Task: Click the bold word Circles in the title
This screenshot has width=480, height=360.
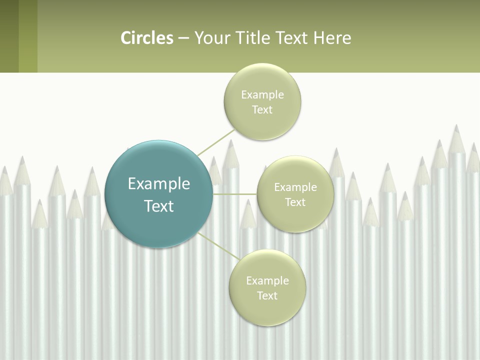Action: point(147,38)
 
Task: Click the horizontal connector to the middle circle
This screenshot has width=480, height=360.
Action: point(235,194)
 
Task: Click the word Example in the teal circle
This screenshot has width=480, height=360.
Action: point(159,184)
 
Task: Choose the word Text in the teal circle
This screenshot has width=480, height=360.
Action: point(159,206)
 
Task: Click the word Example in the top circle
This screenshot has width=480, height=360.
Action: point(262,95)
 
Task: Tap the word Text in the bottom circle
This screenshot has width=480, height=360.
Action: point(267,296)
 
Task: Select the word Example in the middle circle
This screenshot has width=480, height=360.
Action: point(295,187)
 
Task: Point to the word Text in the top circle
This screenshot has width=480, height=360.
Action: point(262,110)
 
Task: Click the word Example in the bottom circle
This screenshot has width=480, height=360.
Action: point(267,281)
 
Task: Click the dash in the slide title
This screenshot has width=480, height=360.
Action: point(183,38)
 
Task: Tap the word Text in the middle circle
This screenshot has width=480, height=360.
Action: point(295,202)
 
